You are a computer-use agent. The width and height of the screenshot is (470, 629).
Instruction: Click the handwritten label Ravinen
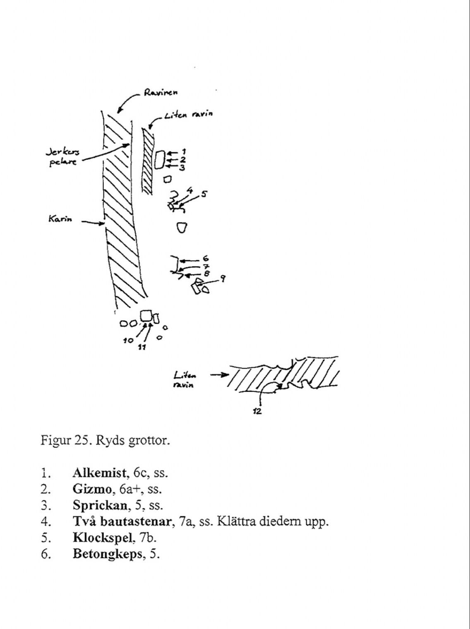click(x=161, y=93)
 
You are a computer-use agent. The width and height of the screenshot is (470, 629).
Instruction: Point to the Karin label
click(x=60, y=219)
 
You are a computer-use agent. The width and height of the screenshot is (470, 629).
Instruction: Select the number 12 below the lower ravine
click(x=257, y=411)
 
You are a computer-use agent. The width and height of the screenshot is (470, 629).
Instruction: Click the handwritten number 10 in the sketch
click(x=128, y=340)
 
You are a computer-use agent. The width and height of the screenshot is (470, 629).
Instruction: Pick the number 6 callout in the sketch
click(x=206, y=259)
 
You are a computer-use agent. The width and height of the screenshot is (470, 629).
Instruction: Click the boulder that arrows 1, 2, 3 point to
click(x=159, y=160)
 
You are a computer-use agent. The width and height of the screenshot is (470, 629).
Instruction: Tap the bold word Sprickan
click(x=100, y=505)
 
